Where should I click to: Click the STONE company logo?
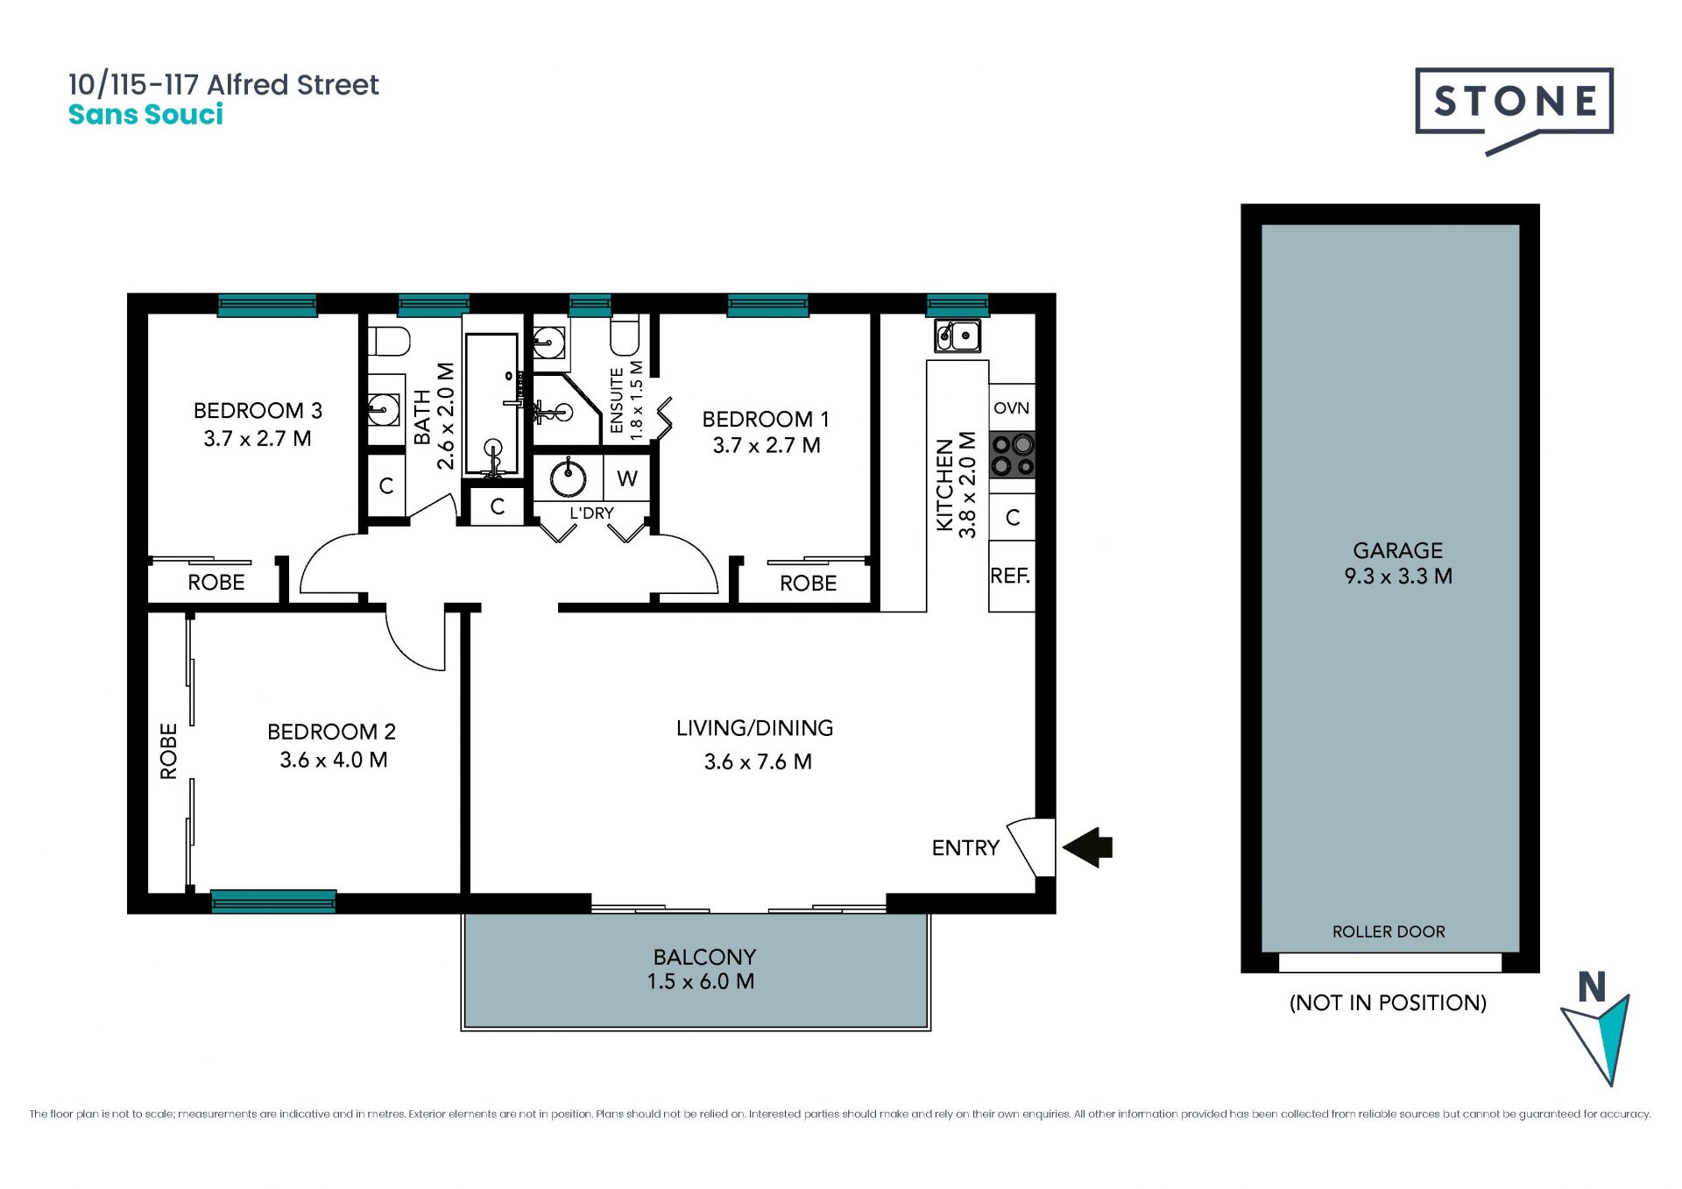point(1514,110)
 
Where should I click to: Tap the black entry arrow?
point(1087,847)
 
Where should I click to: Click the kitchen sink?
point(957,336)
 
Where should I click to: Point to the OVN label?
point(1011,408)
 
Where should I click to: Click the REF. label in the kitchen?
point(1010,576)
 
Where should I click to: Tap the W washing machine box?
point(627,478)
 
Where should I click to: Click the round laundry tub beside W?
point(568,478)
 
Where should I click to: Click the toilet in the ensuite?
point(625,334)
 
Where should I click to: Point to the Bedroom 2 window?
point(273,901)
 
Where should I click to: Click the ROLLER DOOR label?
point(1389,931)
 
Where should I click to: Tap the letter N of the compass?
point(1592,987)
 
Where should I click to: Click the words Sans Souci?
point(145,115)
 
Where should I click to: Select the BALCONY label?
point(704,957)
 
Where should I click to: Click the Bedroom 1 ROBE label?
point(808,584)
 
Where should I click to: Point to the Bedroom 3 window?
point(267,305)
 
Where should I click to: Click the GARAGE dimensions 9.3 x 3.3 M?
point(1398,577)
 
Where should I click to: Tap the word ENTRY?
point(965,848)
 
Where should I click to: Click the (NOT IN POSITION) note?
point(1389,1002)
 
